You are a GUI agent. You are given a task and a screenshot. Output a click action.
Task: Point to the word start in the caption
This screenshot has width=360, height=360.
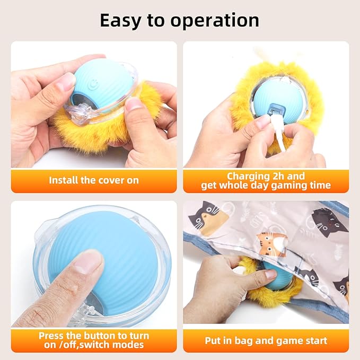pos(313,340)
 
